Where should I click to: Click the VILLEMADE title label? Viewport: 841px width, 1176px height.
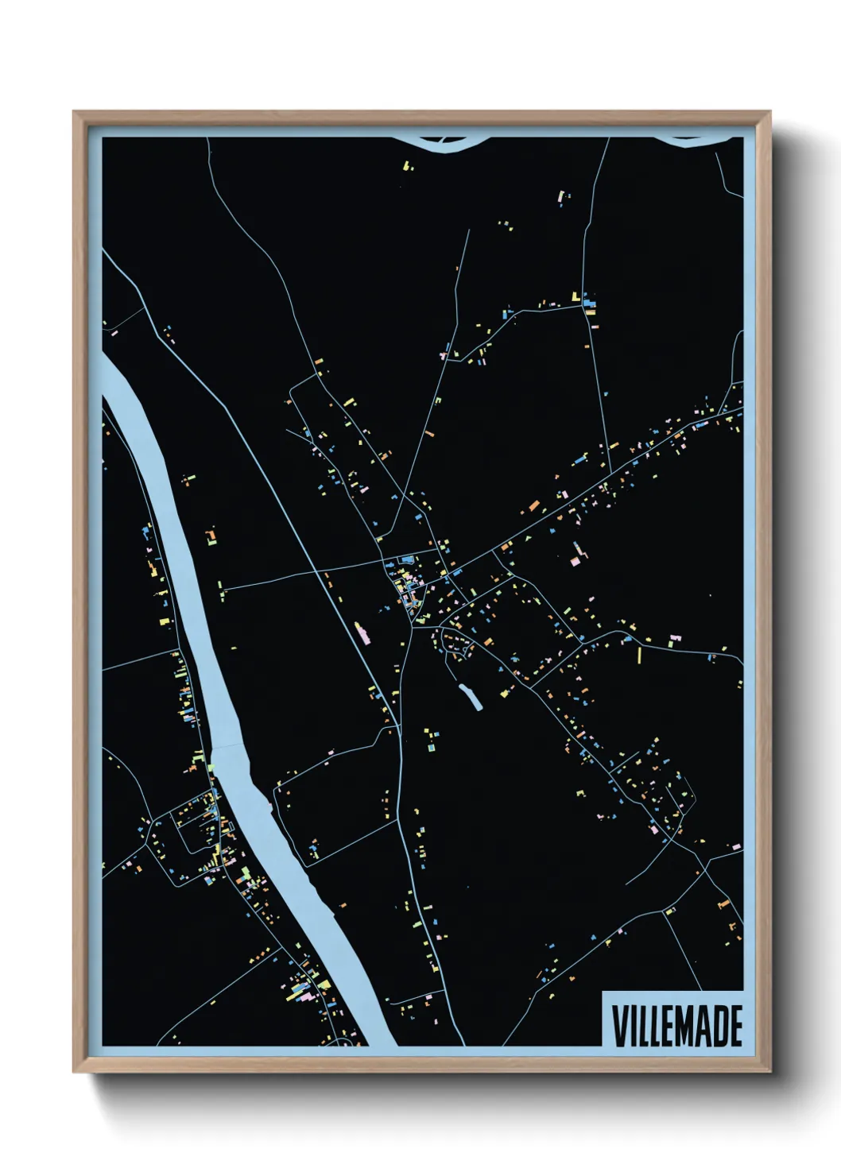point(676,1026)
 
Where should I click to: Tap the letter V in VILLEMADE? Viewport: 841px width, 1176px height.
point(618,1026)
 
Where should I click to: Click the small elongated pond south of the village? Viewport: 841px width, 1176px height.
point(471,697)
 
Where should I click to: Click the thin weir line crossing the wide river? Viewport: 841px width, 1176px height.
point(231,746)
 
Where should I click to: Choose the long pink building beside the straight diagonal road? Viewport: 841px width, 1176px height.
point(362,633)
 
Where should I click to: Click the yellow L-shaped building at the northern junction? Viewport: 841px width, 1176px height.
point(575,297)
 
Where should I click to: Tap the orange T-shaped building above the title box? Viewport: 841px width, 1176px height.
point(723,904)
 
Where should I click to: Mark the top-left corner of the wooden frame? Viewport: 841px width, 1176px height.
point(74,112)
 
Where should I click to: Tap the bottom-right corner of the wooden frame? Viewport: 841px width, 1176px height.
point(771,1072)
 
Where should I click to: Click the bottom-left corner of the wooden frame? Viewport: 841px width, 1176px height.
point(74,1072)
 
